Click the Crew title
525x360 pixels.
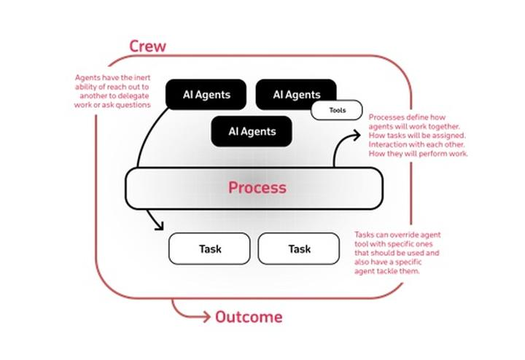point(147,46)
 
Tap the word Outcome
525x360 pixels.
point(248,317)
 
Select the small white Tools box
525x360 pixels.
point(337,111)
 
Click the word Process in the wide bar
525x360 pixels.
point(257,187)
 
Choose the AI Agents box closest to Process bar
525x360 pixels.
point(252,132)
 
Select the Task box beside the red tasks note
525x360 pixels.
point(299,249)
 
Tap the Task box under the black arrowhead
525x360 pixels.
point(209,249)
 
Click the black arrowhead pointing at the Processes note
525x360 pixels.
point(357,133)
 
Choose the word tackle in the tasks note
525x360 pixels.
point(394,272)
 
